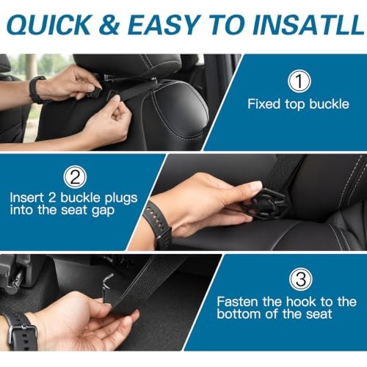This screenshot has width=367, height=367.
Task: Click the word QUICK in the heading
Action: click(50, 25)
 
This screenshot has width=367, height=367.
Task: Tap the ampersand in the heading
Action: click(109, 25)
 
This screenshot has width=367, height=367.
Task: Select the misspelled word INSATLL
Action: click(308, 25)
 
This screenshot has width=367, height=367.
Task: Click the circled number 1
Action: click(299, 81)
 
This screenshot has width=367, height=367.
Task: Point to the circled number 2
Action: click(75, 177)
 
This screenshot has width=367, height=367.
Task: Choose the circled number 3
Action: click(300, 279)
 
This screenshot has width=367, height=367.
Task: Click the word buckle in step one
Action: click(329, 104)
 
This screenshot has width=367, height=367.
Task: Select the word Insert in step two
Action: click(26, 197)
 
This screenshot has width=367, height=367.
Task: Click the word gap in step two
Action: click(103, 211)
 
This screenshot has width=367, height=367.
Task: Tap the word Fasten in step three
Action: click(238, 302)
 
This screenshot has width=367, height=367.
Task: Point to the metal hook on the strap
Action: click(107, 285)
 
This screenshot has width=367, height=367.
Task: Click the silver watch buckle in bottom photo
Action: click(23, 335)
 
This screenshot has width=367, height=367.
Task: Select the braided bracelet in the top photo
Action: click(37, 90)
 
